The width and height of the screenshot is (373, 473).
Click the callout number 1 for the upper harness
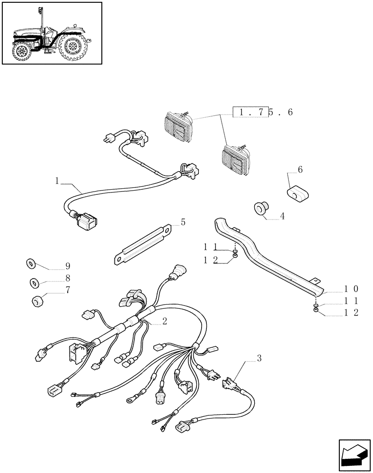57,181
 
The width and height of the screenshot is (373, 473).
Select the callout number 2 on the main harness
164,321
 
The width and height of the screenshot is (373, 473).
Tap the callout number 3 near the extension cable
259,359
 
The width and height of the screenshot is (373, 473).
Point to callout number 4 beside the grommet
282,216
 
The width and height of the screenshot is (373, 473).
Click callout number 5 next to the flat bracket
183,222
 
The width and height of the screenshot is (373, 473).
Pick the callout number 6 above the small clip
300,169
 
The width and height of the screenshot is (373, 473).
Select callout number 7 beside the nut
68,290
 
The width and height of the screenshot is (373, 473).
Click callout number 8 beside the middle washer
68,278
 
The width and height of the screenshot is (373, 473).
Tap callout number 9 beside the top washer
68,266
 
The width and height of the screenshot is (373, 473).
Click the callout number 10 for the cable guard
351,289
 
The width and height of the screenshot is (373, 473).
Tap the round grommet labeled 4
260,208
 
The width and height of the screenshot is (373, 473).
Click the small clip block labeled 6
297,193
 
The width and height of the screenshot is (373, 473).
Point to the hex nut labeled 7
37,301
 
